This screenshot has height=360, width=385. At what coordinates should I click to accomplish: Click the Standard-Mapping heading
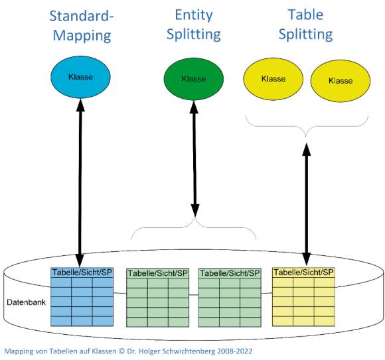[82, 26]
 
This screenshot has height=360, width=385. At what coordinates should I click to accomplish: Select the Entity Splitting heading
[194, 25]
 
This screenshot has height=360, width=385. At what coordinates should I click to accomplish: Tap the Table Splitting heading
[306, 25]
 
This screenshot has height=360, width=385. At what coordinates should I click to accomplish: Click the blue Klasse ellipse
[80, 77]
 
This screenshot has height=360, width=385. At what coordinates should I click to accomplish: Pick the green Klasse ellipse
[194, 79]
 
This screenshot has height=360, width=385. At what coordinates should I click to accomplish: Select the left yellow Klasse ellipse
[273, 79]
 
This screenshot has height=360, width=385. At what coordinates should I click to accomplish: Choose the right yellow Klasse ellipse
[341, 81]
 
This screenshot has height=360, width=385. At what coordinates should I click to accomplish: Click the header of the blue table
[82, 272]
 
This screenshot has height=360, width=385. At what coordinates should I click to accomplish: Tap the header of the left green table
[157, 273]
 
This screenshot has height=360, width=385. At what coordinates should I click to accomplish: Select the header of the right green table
[230, 273]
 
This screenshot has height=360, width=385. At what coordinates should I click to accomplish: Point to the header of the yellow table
[303, 272]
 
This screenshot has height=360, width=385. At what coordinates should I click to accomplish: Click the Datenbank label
[26, 302]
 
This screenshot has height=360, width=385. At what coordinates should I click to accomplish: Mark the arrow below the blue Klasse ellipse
[80, 183]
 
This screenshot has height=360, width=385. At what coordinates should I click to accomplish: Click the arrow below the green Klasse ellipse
[194, 158]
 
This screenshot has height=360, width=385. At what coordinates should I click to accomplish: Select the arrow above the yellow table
[306, 204]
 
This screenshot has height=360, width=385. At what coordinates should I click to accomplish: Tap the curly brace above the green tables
[194, 227]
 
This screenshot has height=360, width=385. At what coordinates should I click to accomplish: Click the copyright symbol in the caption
[121, 351]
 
